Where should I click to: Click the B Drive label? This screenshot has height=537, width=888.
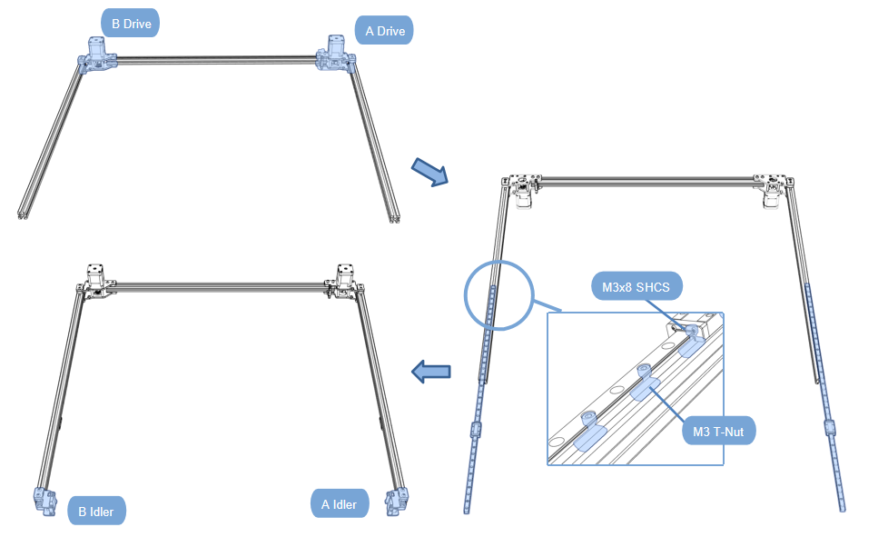130,23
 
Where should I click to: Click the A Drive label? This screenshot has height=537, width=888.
384,31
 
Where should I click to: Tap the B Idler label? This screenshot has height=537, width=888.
96,511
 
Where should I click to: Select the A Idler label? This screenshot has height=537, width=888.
340,504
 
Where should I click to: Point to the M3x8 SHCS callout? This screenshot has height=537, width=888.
636,287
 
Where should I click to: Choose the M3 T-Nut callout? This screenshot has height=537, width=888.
718,431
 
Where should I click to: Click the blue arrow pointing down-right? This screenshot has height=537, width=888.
430,171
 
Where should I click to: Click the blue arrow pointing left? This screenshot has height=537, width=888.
431,371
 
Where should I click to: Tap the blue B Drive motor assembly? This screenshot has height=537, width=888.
98,55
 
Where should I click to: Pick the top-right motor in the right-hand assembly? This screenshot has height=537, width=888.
774,193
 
